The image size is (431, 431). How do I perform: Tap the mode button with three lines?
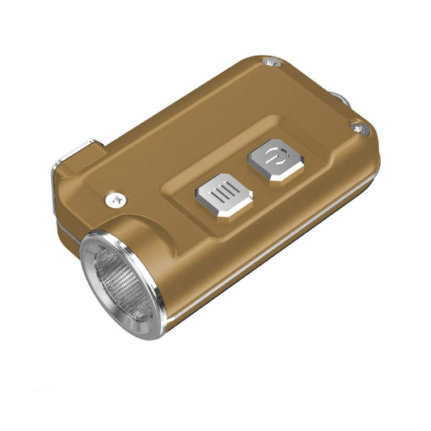[x=224, y=195]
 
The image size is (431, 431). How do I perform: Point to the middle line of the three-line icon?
[x=224, y=193]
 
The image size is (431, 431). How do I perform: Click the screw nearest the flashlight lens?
[x=116, y=196]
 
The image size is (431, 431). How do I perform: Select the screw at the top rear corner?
[x=273, y=62]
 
